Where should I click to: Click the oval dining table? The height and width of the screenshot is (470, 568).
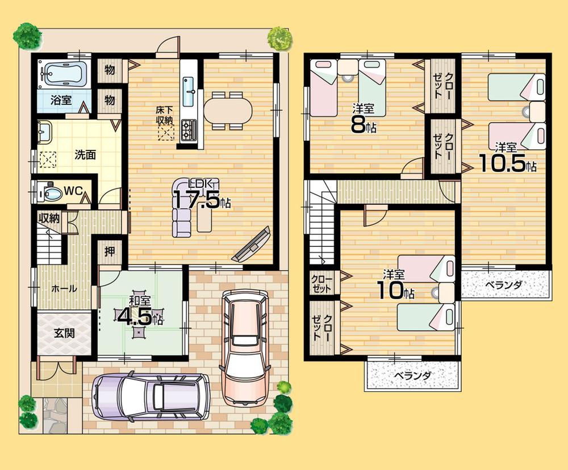(227, 110)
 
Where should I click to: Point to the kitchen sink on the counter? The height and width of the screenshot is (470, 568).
(189, 87)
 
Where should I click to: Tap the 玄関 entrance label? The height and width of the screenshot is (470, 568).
(64, 333)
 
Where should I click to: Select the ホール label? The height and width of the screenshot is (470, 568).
(64, 288)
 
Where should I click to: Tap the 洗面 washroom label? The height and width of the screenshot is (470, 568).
(85, 155)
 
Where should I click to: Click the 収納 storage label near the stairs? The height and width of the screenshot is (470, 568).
(49, 219)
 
